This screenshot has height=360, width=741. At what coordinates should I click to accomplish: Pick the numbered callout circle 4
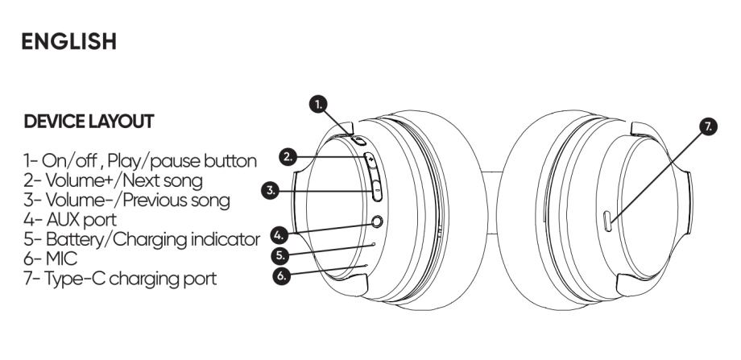pyautogui.click(x=279, y=236)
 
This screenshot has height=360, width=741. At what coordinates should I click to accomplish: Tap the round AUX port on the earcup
pyautogui.click(x=374, y=221)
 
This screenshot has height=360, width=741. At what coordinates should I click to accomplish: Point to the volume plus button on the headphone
pyautogui.click(x=372, y=161)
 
